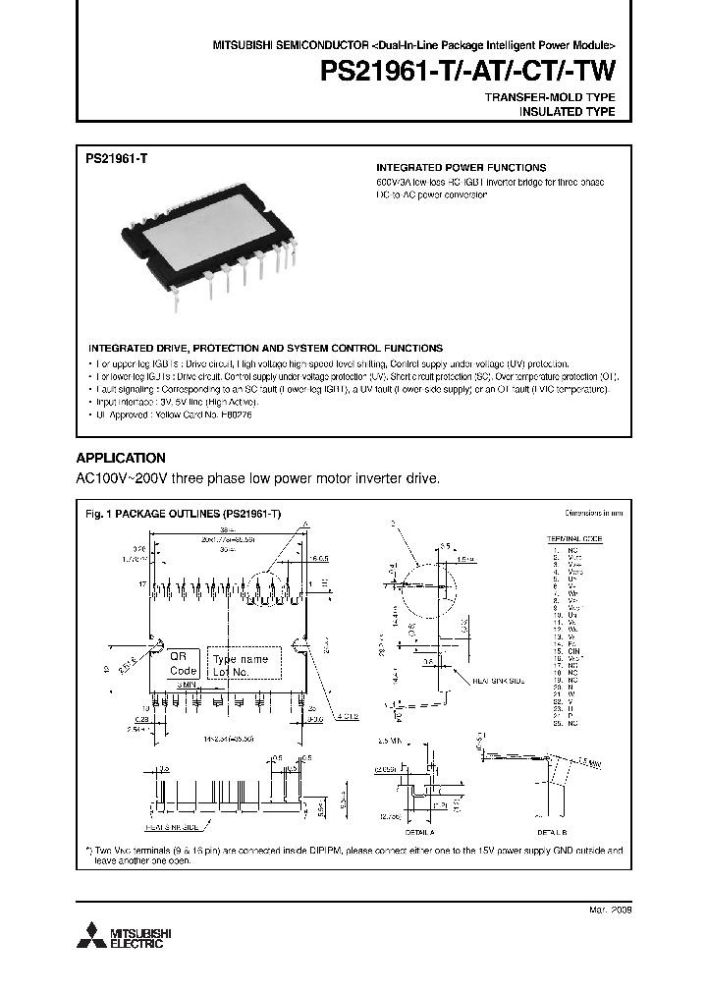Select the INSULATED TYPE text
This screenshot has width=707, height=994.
tap(567, 112)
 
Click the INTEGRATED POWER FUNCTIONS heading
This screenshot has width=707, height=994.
tap(462, 168)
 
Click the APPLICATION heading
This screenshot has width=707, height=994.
tap(120, 458)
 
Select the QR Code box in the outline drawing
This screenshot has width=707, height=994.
tap(183, 663)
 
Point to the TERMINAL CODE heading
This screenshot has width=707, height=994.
tap(574, 539)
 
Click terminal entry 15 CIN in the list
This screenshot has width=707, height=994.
tap(568, 649)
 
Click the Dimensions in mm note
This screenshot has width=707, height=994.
tap(594, 514)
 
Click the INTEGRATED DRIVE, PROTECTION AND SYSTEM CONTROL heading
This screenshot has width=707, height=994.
tap(265, 348)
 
